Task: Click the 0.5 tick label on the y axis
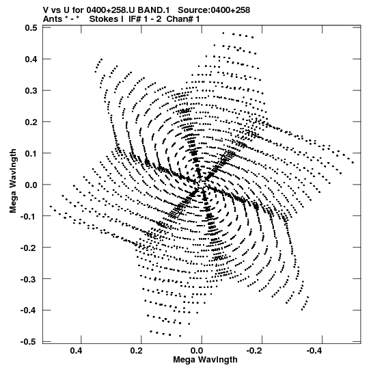click(x=31, y=28)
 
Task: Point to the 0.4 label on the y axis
click(x=31, y=59)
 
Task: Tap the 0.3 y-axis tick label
click(x=31, y=90)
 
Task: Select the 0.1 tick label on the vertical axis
click(x=31, y=153)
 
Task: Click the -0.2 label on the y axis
click(x=29, y=248)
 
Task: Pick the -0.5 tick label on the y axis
click(x=29, y=342)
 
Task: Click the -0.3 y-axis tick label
click(x=29, y=279)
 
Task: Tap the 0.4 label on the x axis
click(x=76, y=351)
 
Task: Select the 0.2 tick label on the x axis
click(x=136, y=351)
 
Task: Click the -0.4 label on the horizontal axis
click(x=315, y=351)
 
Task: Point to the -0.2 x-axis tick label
click(x=255, y=351)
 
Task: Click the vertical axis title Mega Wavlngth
click(x=13, y=181)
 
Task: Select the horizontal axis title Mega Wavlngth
click(x=205, y=360)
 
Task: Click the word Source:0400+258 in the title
click(x=214, y=10)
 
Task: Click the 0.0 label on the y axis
click(x=31, y=185)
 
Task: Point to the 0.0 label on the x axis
click(x=197, y=351)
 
